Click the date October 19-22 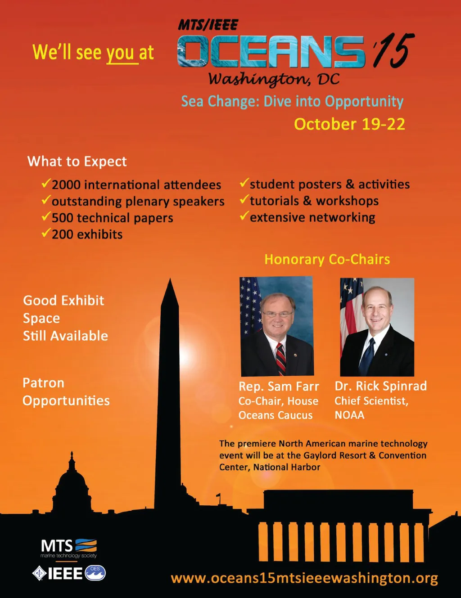(349, 124)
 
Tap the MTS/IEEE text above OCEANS (208, 25)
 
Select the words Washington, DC (274, 79)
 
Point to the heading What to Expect (77, 162)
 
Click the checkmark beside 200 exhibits (45, 233)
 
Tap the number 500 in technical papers (63, 218)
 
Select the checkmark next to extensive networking (244, 216)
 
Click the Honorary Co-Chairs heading (327, 259)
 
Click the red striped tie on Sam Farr (280, 358)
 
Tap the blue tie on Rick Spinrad (367, 355)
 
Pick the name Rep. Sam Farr (279, 387)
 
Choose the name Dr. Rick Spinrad (380, 386)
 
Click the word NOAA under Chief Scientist (349, 415)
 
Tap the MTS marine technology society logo (68, 548)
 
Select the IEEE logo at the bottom (68, 573)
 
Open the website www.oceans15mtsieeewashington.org (304, 578)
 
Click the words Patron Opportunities (66, 392)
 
